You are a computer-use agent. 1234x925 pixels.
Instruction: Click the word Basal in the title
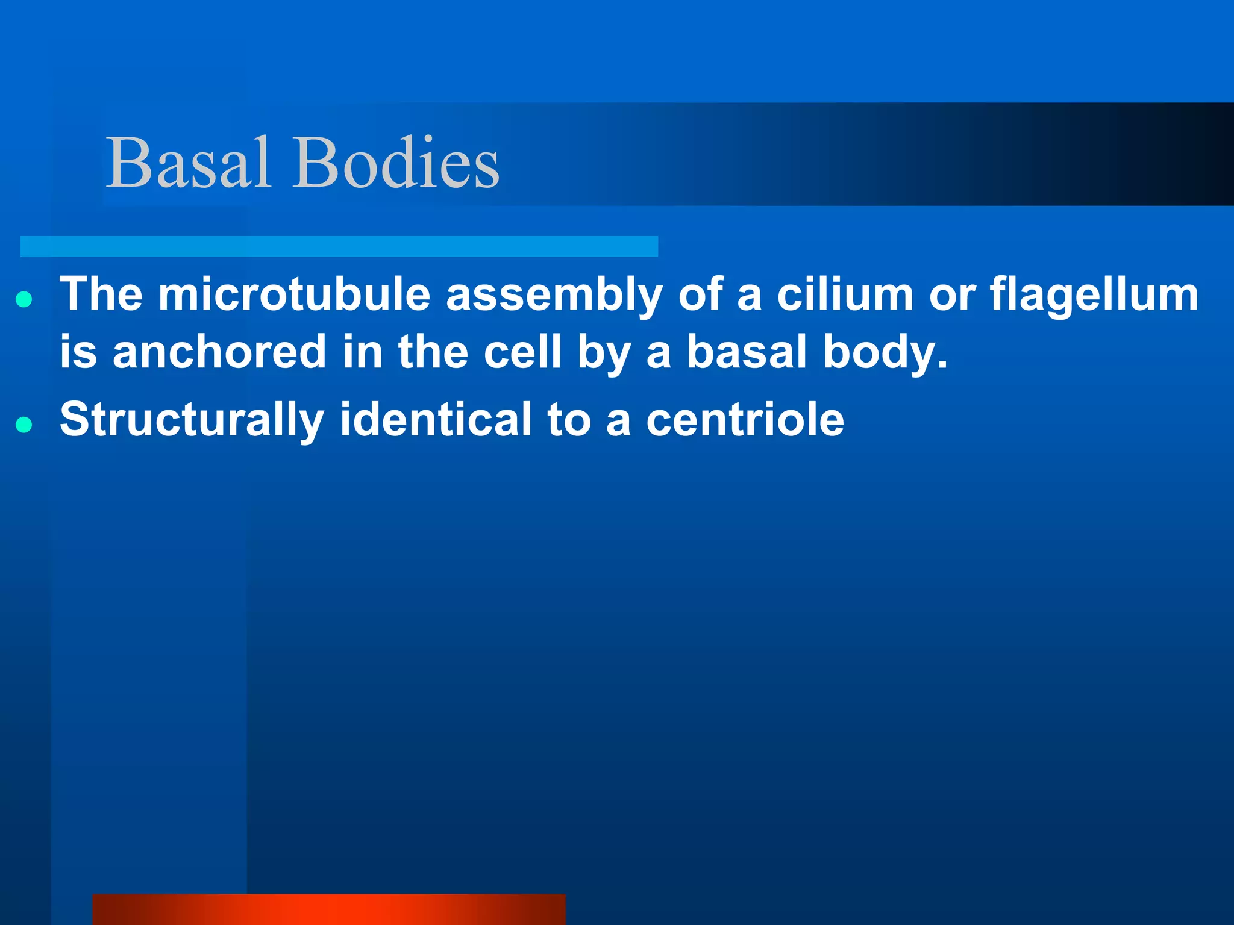tap(188, 163)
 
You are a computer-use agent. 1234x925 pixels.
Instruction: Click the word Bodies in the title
tap(396, 163)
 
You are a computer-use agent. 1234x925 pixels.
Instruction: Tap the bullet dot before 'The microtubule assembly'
tap(24, 299)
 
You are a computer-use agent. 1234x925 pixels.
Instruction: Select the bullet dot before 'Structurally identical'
tap(24, 425)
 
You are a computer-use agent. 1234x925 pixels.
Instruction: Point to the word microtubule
tap(294, 294)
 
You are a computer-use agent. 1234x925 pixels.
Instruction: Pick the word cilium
tap(845, 294)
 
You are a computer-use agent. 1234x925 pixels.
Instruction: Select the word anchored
tap(219, 352)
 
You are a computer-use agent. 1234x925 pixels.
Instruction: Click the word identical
tap(436, 420)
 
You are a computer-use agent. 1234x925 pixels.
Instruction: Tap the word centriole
tap(745, 420)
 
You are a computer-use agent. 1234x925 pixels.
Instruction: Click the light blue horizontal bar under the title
tap(339, 246)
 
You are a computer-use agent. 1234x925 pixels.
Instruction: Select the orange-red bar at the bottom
tap(329, 909)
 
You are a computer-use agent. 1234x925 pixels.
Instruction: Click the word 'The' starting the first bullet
tap(101, 294)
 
